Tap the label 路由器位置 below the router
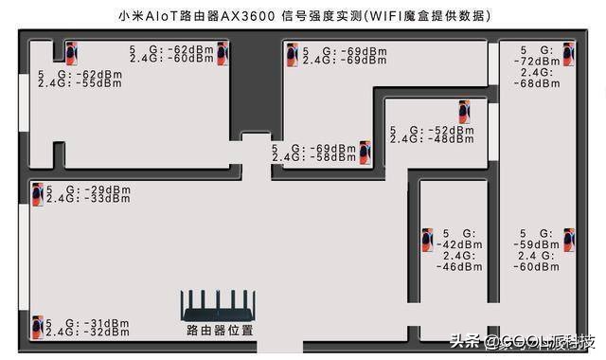[x=220, y=331]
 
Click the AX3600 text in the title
[x=248, y=17]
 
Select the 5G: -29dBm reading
[x=88, y=189]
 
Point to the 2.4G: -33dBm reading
[x=88, y=199]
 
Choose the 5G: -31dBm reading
[x=88, y=323]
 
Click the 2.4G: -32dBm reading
[x=88, y=333]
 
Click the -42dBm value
[x=459, y=244]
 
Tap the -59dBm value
[x=536, y=244]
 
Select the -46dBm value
[x=459, y=268]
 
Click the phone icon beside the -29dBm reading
[x=37, y=193]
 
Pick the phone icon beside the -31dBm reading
[x=37, y=327]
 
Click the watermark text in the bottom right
[x=523, y=341]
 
